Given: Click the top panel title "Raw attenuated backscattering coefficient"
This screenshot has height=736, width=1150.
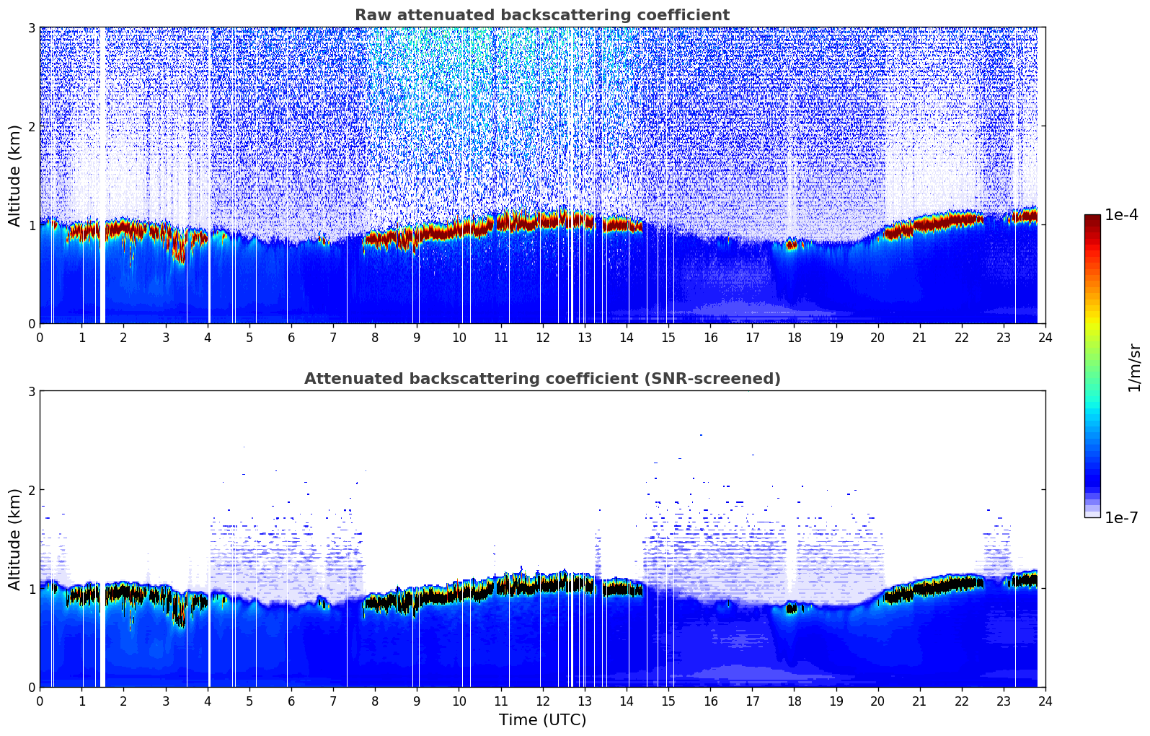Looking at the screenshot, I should (x=541, y=15).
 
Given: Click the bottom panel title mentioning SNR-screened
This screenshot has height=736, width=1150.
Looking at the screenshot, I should (x=541, y=379).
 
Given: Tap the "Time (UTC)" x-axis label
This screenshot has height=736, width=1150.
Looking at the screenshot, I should (x=542, y=720).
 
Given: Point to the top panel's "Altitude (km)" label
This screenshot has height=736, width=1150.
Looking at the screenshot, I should (x=14, y=175).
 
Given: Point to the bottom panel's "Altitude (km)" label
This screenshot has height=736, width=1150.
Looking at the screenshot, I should (x=14, y=539).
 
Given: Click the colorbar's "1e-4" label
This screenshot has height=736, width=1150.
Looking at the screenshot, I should (x=1121, y=215).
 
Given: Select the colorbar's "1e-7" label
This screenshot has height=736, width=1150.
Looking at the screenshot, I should (x=1121, y=517).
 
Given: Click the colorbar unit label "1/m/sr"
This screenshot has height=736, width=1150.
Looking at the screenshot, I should (x=1134, y=367).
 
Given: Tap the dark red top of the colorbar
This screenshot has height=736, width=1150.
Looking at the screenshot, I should (x=1092, y=219).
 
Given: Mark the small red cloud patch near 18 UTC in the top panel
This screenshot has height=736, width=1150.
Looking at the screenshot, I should (x=792, y=245).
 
